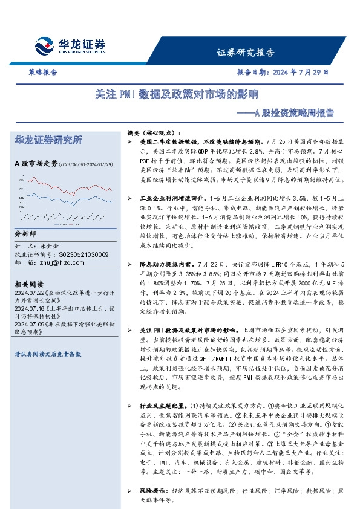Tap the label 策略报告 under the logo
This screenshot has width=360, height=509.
(x=44, y=72)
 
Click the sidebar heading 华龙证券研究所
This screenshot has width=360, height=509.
(x=49, y=140)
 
